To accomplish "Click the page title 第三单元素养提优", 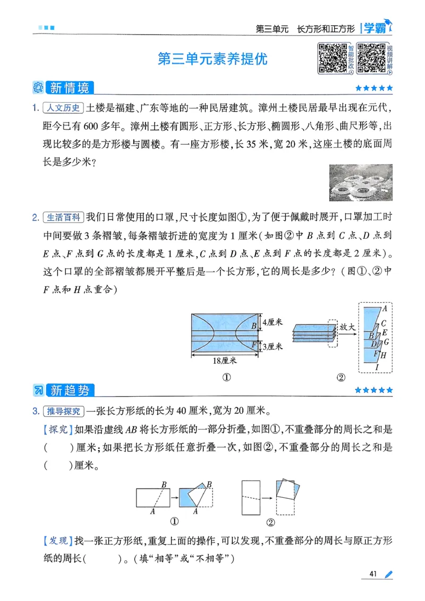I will tap(212, 59).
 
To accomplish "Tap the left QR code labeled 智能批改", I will tap(332, 58).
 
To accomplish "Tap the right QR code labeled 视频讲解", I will tap(371, 58).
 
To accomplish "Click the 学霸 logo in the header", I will tap(376, 28).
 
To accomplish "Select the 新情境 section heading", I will tap(69, 87).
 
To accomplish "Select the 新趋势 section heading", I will tap(69, 390).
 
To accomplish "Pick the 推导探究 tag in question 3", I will tap(63, 411).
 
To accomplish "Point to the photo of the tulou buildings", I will tap(361, 182).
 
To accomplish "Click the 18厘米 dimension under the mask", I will tap(224, 361).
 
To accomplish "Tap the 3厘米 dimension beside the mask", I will tap(274, 346).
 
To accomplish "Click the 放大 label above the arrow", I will tap(347, 328).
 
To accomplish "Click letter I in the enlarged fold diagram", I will tap(377, 367).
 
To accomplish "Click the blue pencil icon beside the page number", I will tap(388, 574).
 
